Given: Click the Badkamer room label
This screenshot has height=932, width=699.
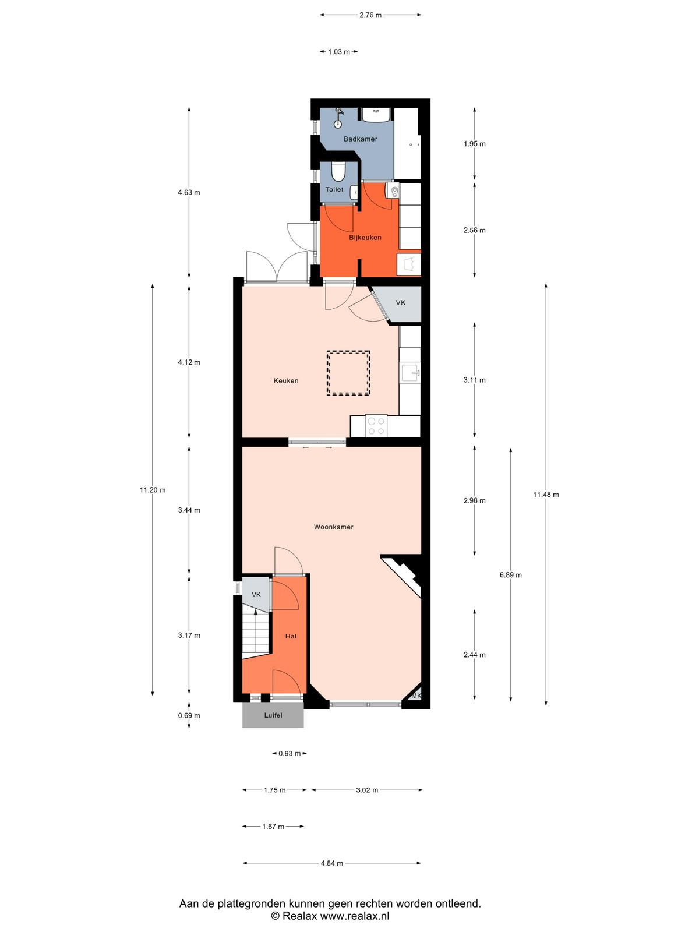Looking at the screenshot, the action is pyautogui.click(x=360, y=139).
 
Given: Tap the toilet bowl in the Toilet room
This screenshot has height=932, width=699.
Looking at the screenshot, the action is pyautogui.click(x=338, y=171).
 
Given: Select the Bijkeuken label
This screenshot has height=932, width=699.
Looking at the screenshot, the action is pyautogui.click(x=365, y=238).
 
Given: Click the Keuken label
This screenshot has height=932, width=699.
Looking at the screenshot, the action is pyautogui.click(x=285, y=380).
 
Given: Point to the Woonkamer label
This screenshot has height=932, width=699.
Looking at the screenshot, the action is pyautogui.click(x=333, y=527).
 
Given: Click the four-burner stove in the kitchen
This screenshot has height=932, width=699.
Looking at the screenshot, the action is pyautogui.click(x=376, y=425).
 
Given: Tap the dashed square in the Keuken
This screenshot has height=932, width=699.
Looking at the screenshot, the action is pyautogui.click(x=348, y=373).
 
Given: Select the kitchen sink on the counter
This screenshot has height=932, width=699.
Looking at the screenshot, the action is pyautogui.click(x=411, y=374).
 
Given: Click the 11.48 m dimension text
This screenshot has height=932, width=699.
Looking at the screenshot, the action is pyautogui.click(x=546, y=494).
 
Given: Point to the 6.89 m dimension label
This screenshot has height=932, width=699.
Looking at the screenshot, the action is pyautogui.click(x=511, y=575).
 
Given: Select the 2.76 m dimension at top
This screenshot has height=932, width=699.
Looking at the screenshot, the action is pyautogui.click(x=370, y=15).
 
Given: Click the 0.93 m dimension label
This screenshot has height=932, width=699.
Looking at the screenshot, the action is pyautogui.click(x=290, y=753).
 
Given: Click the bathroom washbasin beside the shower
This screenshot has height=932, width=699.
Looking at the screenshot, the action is pyautogui.click(x=376, y=115).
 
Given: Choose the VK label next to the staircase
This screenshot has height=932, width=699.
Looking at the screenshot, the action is pyautogui.click(x=256, y=595).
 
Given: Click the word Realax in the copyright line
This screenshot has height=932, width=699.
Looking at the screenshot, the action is pyautogui.click(x=299, y=916).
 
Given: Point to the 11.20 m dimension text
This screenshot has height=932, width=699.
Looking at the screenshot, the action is pyautogui.click(x=153, y=490).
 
